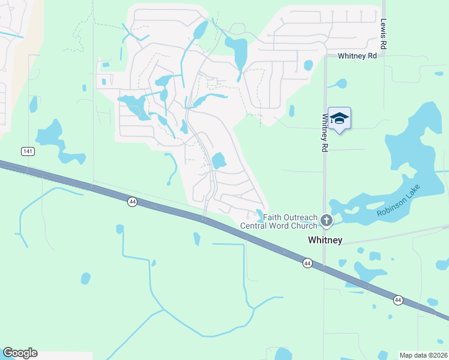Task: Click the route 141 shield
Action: pos(27,151)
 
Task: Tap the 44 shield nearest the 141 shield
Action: pos(133,202)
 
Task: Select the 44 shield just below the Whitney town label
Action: pos(307,263)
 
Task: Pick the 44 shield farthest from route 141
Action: pos(397,299)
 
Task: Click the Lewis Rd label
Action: pos(383,34)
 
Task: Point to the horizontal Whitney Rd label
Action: pos(357,56)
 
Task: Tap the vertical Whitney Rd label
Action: pos(324,133)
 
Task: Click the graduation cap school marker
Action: pos(339,118)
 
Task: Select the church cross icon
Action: pos(327,221)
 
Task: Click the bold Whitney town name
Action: pos(325,240)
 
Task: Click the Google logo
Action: pos(20,353)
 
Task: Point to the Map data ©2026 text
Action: pos(424,355)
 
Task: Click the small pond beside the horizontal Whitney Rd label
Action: pos(309,65)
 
